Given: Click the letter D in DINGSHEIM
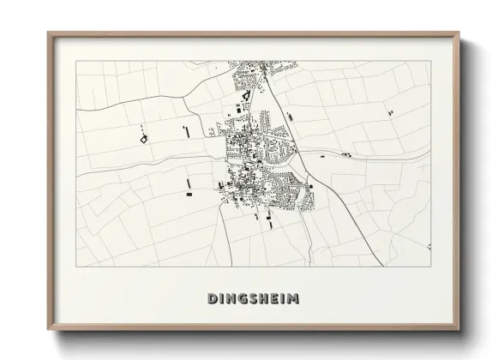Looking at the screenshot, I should pyautogui.click(x=212, y=298).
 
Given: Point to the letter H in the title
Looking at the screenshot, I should pyautogui.click(x=264, y=298).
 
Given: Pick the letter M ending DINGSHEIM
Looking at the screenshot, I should pyautogui.click(x=294, y=298).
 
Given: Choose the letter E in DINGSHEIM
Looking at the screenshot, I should pyautogui.click(x=275, y=298).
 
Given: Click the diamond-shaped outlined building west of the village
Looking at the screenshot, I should pyautogui.click(x=143, y=135).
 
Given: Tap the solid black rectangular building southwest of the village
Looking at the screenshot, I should pyautogui.click(x=188, y=195).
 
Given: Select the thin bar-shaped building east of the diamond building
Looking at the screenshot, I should pyautogui.click(x=186, y=130).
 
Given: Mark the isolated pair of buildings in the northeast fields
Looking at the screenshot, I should pyautogui.click(x=391, y=111).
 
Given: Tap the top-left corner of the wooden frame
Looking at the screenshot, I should pyautogui.click(x=48, y=33).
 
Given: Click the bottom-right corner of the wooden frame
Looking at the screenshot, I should pyautogui.click(x=459, y=330).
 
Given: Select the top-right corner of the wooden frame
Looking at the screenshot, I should pyautogui.click(x=459, y=33).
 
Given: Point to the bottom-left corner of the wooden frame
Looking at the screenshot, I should pyautogui.click(x=48, y=330).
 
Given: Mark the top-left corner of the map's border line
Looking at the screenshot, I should pyautogui.click(x=76, y=61).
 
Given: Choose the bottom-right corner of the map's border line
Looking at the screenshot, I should pyautogui.click(x=430, y=267).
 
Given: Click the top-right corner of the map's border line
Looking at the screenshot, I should pyautogui.click(x=430, y=61).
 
